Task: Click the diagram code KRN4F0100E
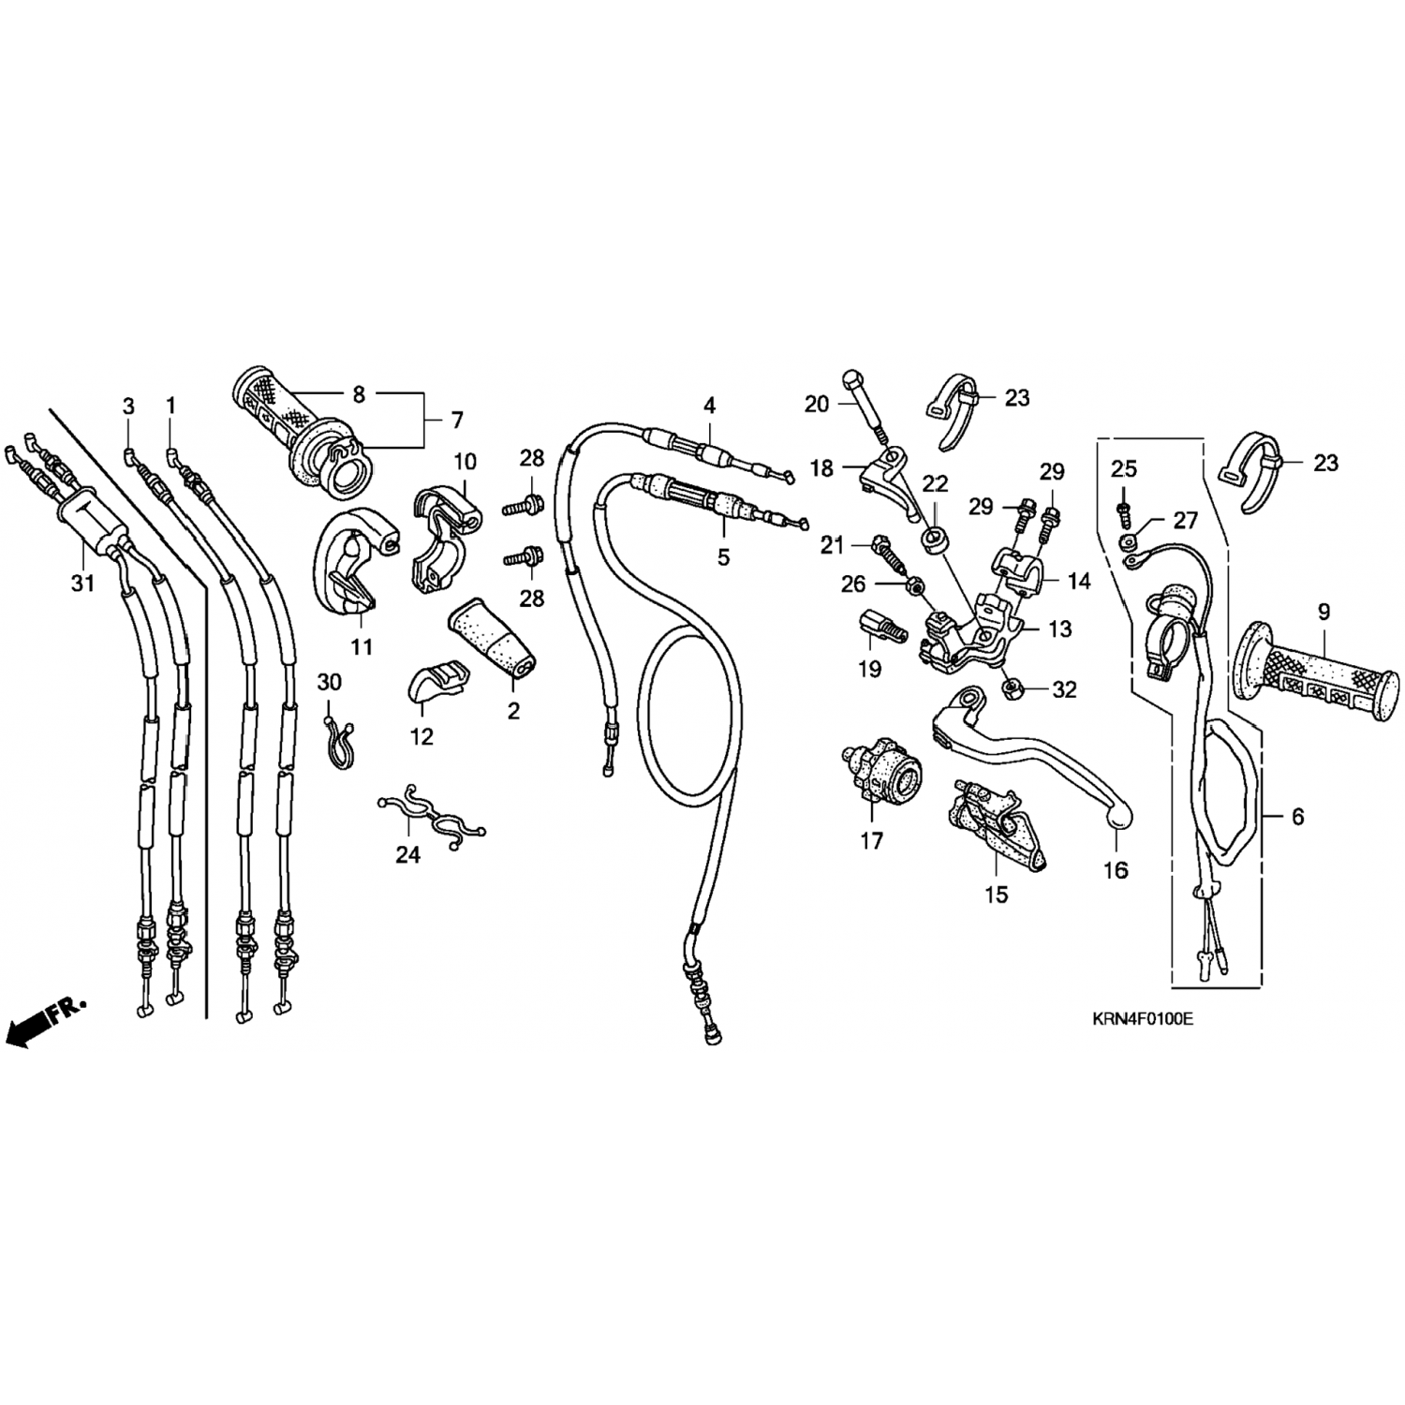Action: (x=1141, y=1019)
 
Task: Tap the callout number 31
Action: (x=82, y=584)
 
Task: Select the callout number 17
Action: (x=871, y=841)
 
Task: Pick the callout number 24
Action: (x=407, y=854)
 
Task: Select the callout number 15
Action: (x=997, y=895)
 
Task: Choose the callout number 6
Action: (x=1297, y=817)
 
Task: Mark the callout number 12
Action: (x=421, y=736)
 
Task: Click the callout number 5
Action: (x=723, y=557)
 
